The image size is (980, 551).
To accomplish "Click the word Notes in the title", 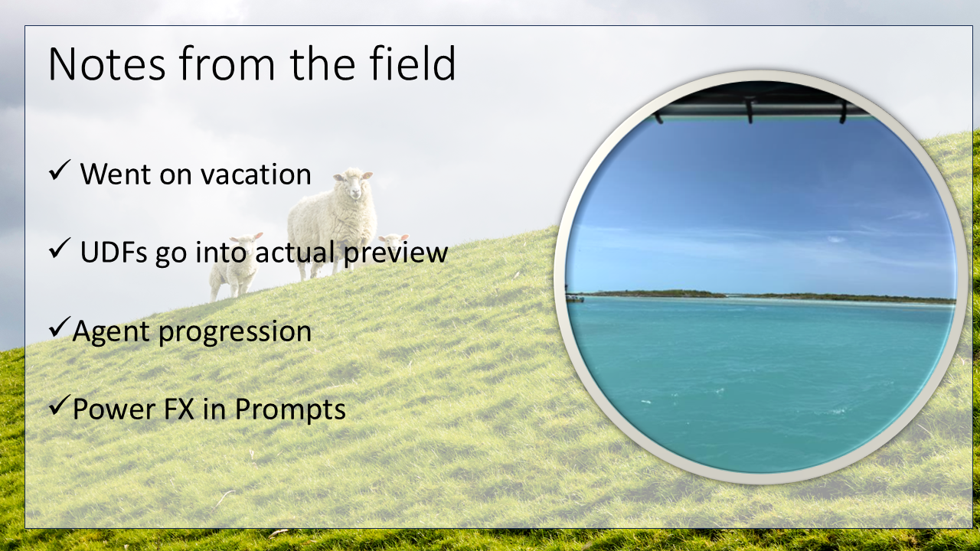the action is pos(106,64).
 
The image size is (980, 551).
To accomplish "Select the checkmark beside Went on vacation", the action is pos(60,170).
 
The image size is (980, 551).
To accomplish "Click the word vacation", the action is pos(256,174).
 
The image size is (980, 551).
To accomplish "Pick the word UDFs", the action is pos(114,253).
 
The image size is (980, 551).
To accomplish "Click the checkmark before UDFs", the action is pos(60,248).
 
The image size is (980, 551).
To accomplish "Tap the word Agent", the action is pos(111,332).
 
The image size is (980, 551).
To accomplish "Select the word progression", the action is pos(235,333).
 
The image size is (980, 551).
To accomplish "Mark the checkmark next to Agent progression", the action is pos(60,327).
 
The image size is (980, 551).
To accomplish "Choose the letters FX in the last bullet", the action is pos(178,409).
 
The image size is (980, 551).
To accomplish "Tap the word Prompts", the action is pos(290,410).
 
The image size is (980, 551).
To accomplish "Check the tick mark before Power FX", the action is pos(60,405).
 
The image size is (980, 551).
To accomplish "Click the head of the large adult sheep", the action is pos(353,184).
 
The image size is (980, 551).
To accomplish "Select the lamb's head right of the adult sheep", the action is pos(394,240).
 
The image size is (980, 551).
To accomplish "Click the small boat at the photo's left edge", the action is pos(574,298).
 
